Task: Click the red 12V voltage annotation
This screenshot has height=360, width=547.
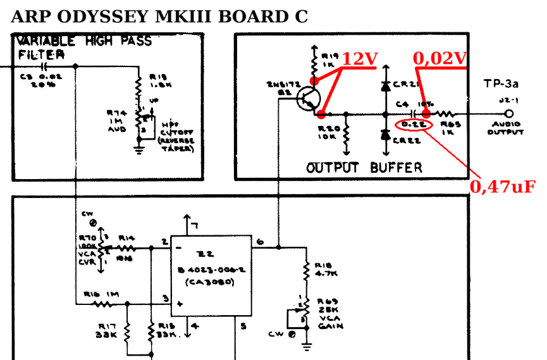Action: coord(360,59)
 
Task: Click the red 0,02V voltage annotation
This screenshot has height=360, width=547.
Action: coord(439,59)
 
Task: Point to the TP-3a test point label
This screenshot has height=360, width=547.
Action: coord(501,83)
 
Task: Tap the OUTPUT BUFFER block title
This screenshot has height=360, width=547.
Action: coord(364,168)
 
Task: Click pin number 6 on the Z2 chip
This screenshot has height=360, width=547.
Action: coord(260,241)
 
